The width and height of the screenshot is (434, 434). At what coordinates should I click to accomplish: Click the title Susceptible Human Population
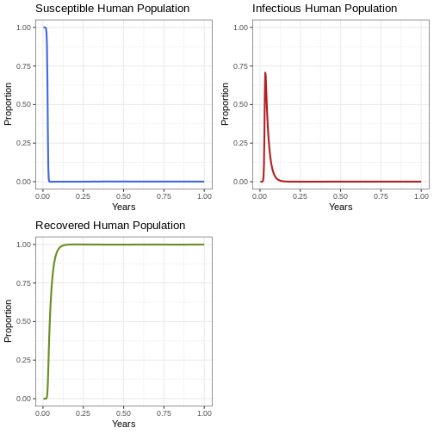coord(113,9)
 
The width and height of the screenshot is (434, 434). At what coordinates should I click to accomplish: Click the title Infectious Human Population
coord(325,9)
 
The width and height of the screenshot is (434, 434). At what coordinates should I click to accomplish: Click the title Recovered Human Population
coord(110,226)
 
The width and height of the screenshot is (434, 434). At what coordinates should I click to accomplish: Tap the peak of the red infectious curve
coord(265,72)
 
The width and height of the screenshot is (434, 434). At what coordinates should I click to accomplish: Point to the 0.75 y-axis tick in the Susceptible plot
coord(23,66)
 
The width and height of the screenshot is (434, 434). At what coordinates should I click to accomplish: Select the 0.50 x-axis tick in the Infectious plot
coord(340,196)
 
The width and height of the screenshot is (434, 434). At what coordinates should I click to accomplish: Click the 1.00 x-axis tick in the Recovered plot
coord(204,413)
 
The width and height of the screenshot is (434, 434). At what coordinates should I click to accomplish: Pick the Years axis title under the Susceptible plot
coord(124,207)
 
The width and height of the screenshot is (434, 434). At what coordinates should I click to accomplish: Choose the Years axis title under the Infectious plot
coord(341,207)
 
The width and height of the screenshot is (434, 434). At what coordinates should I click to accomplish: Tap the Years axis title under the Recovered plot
coord(124,424)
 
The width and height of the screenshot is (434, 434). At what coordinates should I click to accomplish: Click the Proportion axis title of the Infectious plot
coord(225,104)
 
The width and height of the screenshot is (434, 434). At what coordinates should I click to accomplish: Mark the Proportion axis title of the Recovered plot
coord(8,321)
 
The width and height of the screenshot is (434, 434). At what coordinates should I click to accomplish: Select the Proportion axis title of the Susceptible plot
coord(8,104)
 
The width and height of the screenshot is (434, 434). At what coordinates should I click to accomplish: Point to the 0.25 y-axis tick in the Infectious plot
coord(240,143)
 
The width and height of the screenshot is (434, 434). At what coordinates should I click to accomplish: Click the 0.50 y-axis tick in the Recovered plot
coord(23,321)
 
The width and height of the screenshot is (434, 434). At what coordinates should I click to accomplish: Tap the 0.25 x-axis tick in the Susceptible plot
coord(83,196)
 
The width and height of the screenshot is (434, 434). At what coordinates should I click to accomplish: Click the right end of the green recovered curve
coord(204,245)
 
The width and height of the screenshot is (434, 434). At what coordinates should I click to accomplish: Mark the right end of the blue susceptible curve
coord(204,182)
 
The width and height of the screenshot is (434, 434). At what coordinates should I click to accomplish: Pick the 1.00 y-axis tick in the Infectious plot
coord(240,28)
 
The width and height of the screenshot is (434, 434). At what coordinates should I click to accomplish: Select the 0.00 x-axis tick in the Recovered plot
coord(43,413)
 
